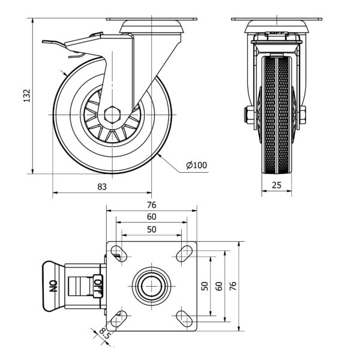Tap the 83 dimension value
pos(102,187)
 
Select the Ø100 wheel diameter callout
pos(196,164)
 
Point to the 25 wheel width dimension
pos(277,185)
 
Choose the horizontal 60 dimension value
pos(152,216)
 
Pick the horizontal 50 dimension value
pos(152,229)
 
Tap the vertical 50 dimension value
pos(204,286)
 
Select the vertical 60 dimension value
pos(219,286)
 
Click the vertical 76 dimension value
pos(233,286)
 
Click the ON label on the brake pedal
pos(53,286)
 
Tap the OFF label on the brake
pos(98,286)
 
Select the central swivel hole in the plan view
pos(152,286)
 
